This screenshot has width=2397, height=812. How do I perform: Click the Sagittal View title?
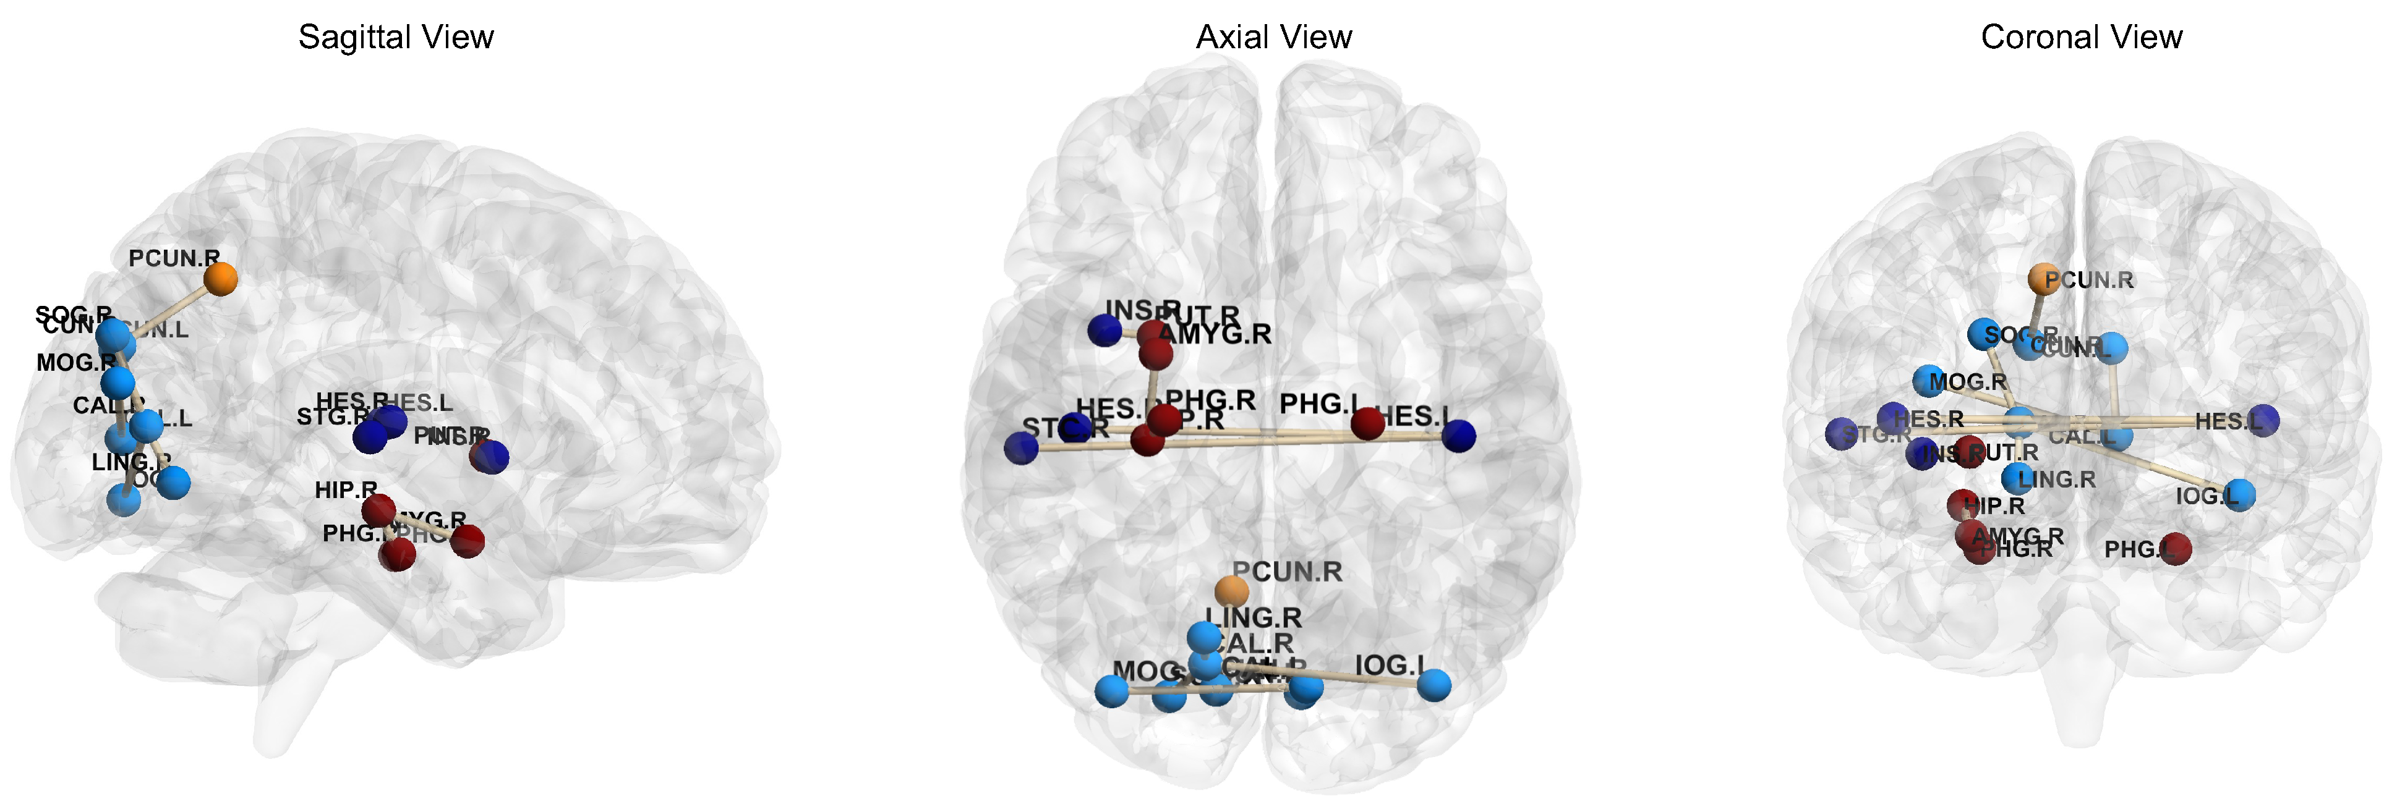click(395, 37)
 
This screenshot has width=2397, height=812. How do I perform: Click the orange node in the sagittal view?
click(221, 278)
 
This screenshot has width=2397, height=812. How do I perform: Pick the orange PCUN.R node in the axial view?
click(1231, 591)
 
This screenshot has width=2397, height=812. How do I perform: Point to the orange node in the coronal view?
click(2043, 278)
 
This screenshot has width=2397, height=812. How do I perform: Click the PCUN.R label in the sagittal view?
click(174, 258)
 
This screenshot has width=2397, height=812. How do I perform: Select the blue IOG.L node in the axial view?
click(1434, 685)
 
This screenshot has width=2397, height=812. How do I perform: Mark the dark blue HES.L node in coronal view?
click(2263, 420)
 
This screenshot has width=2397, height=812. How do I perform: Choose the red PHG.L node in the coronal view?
click(2176, 548)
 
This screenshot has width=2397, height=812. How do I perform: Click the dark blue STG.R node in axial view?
click(1021, 448)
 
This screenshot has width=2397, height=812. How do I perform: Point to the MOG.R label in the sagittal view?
click(76, 363)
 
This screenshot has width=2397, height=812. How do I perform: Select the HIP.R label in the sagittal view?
click(345, 490)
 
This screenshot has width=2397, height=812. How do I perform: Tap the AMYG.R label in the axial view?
click(1215, 334)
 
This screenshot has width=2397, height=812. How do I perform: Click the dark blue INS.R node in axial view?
click(1104, 330)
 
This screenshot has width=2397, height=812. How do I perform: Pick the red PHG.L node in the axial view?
click(1367, 424)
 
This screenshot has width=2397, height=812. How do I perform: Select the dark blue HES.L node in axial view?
click(1458, 435)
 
